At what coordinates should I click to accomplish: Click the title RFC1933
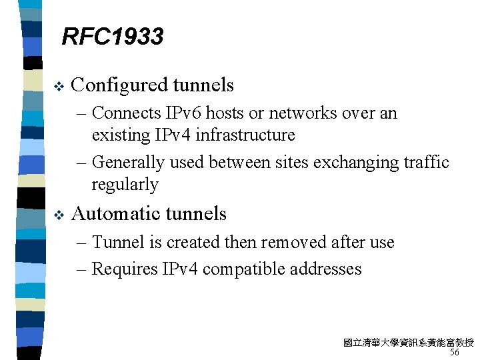click(x=112, y=37)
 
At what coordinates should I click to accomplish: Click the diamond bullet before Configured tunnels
click(x=57, y=85)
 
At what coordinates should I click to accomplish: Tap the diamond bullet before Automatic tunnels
click(x=57, y=214)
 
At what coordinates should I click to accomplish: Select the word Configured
click(x=119, y=85)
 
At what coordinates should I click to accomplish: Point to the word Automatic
click(x=114, y=214)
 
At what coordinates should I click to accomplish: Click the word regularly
click(x=125, y=185)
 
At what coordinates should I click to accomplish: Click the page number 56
click(x=454, y=353)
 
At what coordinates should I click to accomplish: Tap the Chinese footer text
click(x=408, y=343)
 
